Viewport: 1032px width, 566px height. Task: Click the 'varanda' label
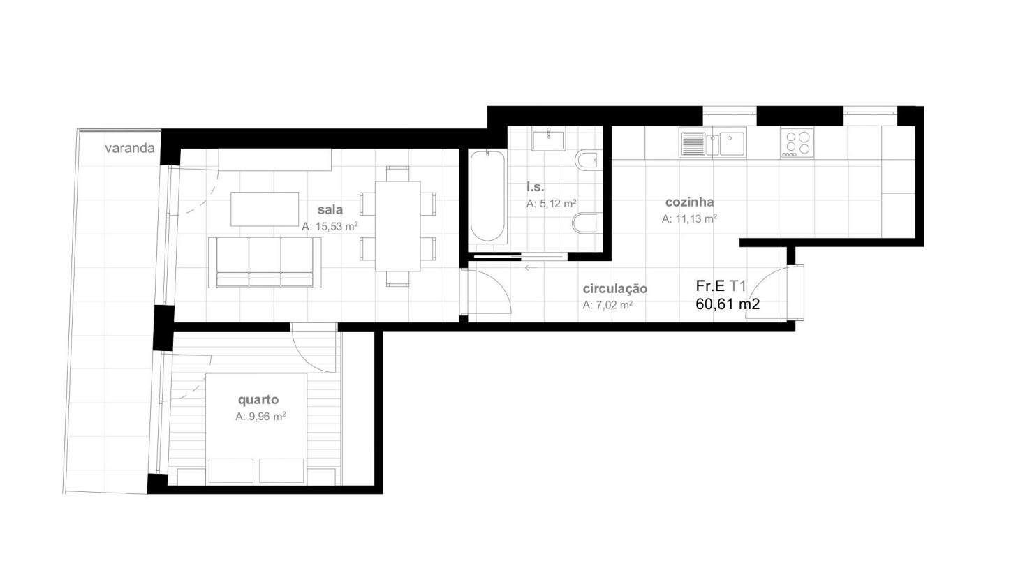(129, 148)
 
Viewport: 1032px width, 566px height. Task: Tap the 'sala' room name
(330, 209)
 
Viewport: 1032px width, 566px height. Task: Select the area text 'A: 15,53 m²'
(330, 226)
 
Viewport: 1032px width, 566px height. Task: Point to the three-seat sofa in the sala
(265, 262)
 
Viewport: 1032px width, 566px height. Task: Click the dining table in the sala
(397, 226)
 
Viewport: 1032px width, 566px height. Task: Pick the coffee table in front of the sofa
(265, 209)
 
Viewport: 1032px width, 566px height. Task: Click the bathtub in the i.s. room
(487, 196)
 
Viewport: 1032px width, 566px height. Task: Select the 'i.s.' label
(535, 187)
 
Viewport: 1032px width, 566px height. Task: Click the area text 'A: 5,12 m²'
(552, 204)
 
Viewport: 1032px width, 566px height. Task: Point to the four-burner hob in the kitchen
(797, 143)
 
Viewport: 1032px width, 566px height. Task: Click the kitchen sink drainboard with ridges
(693, 144)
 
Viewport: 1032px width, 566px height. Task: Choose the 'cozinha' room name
(689, 202)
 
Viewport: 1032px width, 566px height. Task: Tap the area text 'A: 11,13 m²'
(689, 218)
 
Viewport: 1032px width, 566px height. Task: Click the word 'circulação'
(614, 289)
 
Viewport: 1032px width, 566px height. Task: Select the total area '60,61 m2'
(728, 304)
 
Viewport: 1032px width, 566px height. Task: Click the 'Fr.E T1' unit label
(721, 286)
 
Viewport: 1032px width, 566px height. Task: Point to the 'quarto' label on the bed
(258, 400)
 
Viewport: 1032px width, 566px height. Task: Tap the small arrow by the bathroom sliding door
(531, 267)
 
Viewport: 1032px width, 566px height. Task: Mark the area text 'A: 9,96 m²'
(260, 417)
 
